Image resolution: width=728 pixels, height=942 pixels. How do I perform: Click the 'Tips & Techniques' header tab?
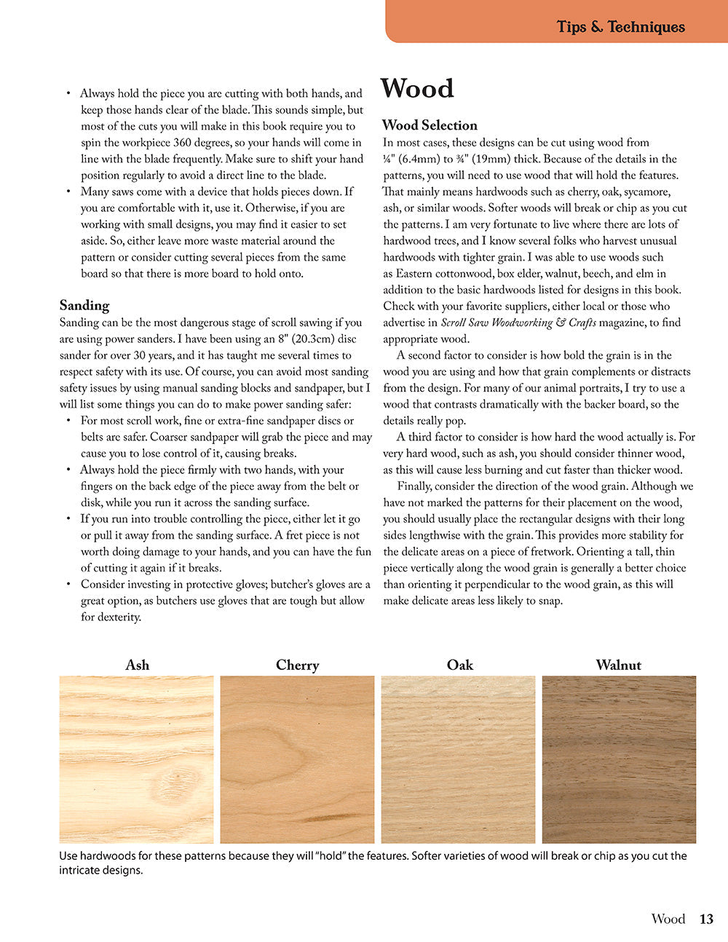(620, 27)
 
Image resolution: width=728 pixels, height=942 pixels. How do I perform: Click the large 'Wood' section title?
(417, 89)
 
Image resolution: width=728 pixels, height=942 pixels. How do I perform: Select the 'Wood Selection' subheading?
(430, 125)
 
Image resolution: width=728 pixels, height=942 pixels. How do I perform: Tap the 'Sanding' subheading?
(84, 305)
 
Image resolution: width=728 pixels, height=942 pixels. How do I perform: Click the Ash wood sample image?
(137, 759)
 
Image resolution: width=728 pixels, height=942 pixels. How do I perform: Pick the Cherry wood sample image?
(297, 759)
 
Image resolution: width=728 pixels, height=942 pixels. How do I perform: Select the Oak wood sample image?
(458, 759)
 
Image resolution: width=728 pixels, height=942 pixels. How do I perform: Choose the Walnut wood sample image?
(619, 759)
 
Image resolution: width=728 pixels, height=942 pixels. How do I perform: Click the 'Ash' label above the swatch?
(137, 665)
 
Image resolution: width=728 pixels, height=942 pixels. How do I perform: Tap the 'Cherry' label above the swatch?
(297, 665)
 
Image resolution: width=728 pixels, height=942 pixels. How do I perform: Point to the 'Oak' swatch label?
(459, 665)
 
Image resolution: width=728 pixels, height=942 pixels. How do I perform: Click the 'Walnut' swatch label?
(619, 665)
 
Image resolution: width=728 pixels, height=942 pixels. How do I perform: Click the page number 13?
(706, 919)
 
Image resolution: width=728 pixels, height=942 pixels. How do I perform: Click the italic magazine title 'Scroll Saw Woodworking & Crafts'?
(518, 322)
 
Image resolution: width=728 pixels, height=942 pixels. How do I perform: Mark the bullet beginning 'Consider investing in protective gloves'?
(218, 585)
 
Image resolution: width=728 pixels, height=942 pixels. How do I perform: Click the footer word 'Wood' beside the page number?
(668, 919)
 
